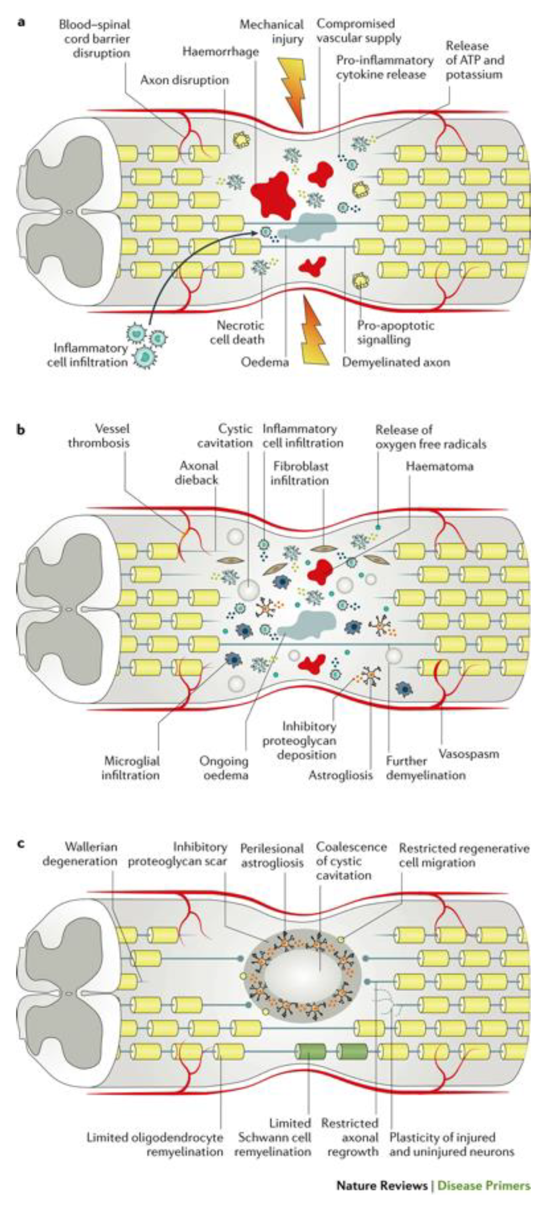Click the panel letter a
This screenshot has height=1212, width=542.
[21, 22]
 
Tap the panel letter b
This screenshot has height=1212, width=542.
[21, 430]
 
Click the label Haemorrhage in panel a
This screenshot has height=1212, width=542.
[220, 51]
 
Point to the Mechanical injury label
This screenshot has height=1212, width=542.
[272, 32]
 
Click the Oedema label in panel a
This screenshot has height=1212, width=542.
[264, 362]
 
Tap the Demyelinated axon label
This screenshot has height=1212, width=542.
[396, 362]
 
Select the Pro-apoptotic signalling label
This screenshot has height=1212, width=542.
[395, 332]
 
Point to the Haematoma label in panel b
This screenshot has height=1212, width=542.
[439, 467]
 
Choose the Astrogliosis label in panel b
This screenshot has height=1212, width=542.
[341, 775]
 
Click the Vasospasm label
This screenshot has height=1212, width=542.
[469, 754]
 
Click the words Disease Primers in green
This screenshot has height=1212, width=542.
[483, 1185]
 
